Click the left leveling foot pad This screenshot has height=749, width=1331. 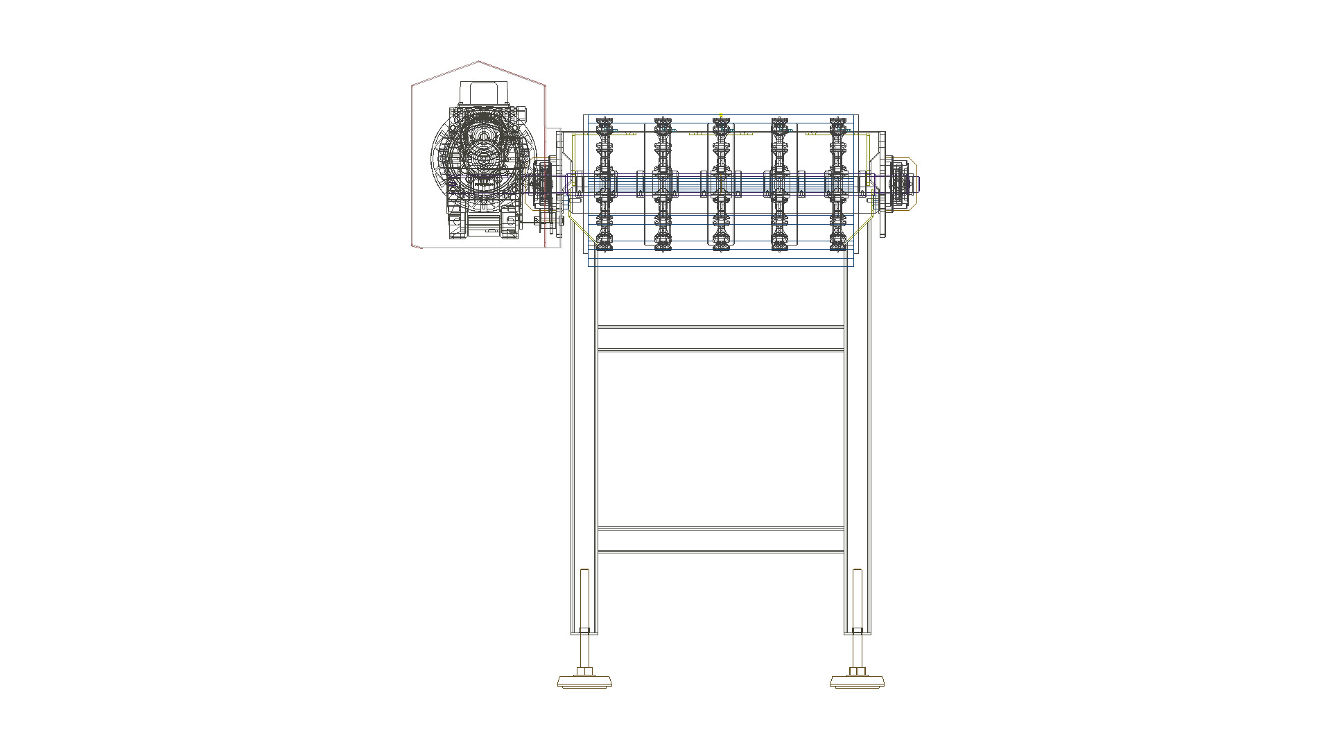pos(584,681)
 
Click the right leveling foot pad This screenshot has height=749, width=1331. pos(858,681)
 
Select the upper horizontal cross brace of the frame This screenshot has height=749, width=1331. pos(720,338)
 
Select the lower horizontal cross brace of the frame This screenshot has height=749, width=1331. pos(720,540)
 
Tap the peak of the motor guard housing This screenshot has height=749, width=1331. pos(478,62)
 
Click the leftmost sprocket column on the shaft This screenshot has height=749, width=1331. pos(604,184)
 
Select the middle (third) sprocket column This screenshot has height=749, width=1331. pos(721,184)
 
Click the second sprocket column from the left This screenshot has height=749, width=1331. pos(663,184)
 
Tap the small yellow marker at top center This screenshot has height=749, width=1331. pos(721,116)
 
